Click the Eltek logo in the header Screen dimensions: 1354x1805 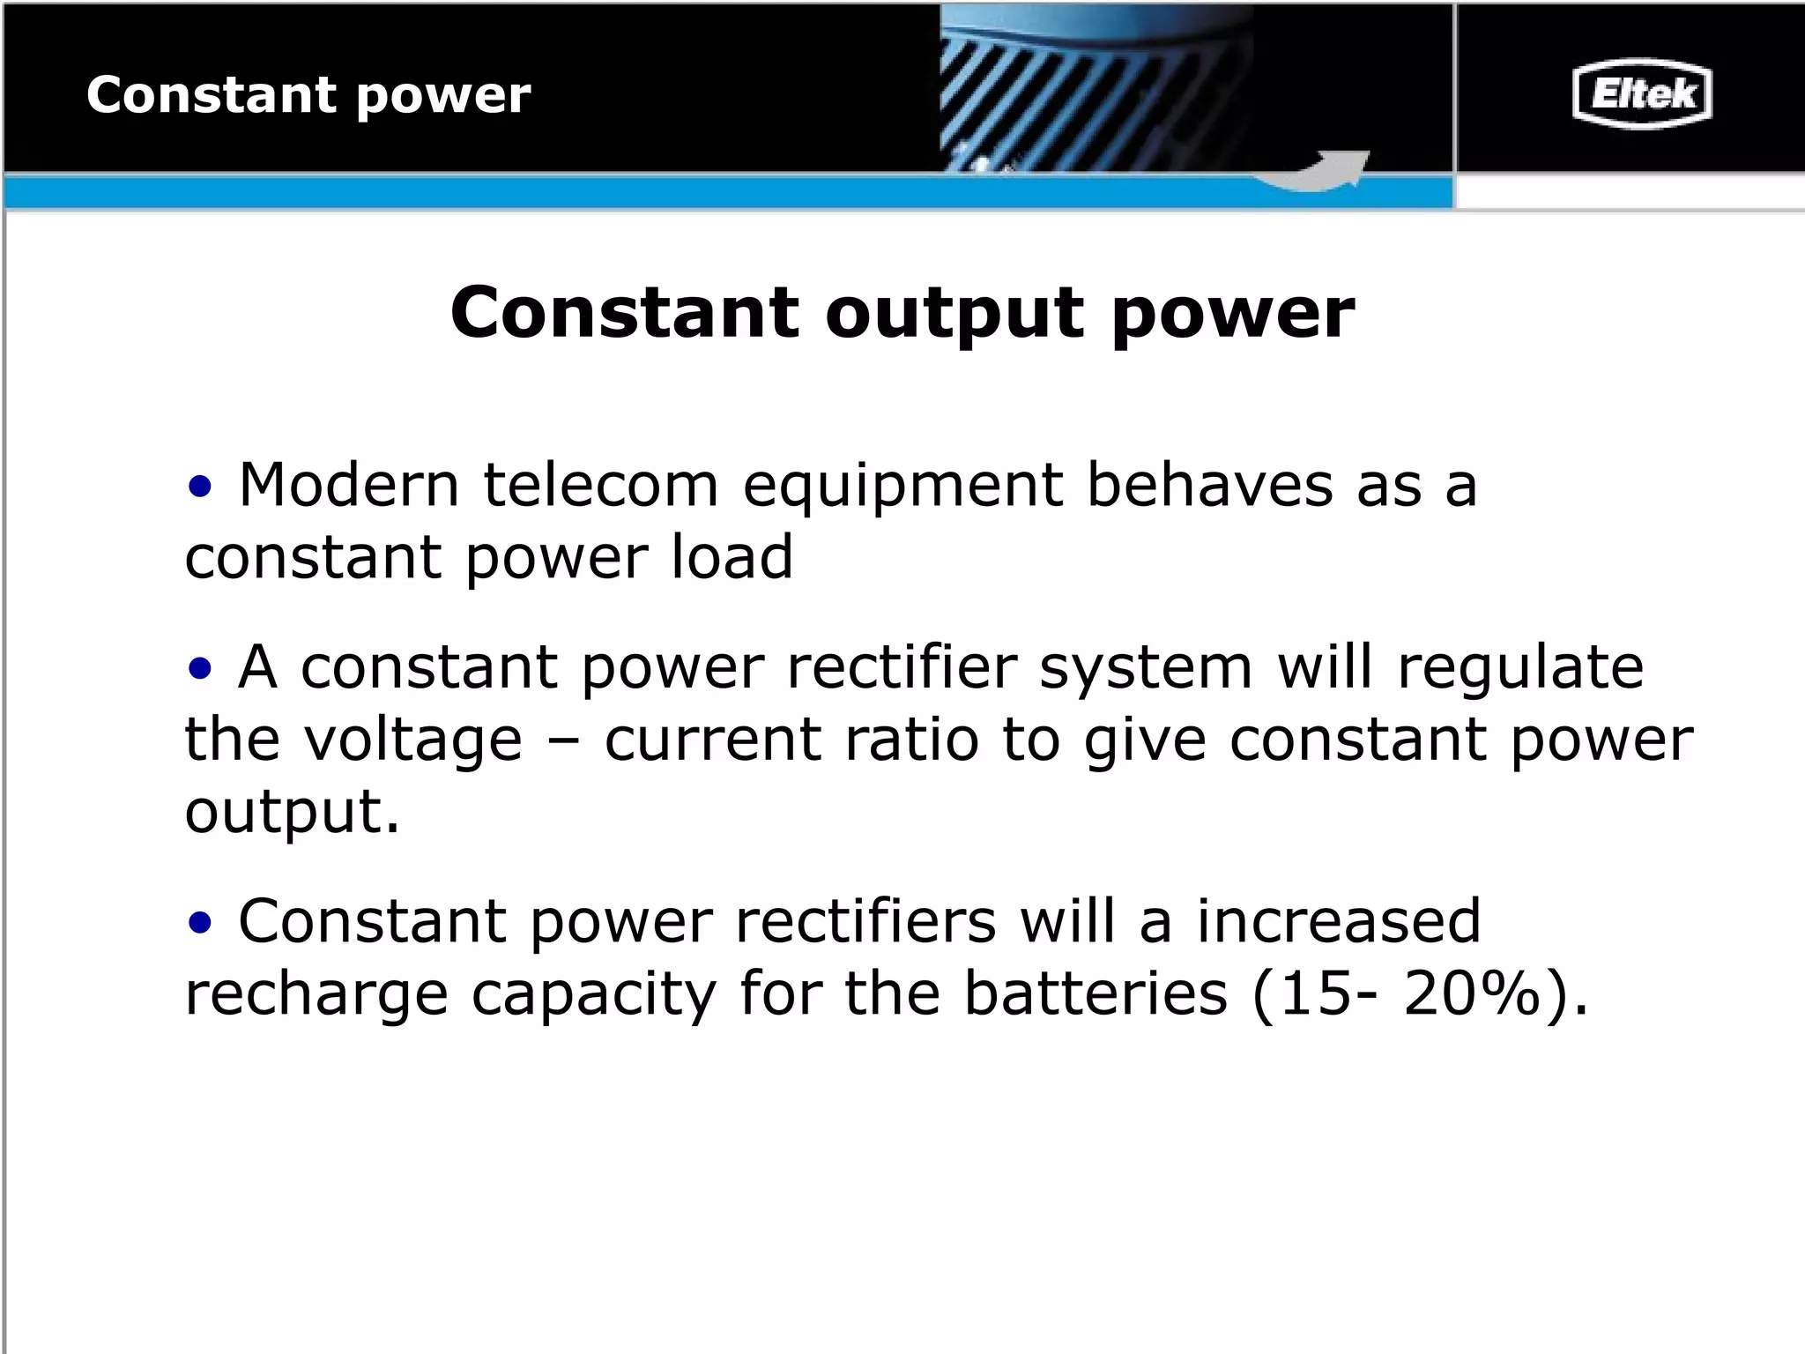(x=1641, y=93)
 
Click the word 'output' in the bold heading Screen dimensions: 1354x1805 (x=954, y=313)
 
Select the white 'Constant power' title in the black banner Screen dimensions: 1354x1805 (x=308, y=95)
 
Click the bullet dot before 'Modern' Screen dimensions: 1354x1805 (x=200, y=486)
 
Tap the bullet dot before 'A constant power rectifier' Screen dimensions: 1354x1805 (x=200, y=667)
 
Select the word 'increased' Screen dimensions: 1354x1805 (x=1338, y=921)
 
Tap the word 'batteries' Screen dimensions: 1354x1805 (x=1096, y=993)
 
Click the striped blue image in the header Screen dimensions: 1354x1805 (x=1093, y=88)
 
